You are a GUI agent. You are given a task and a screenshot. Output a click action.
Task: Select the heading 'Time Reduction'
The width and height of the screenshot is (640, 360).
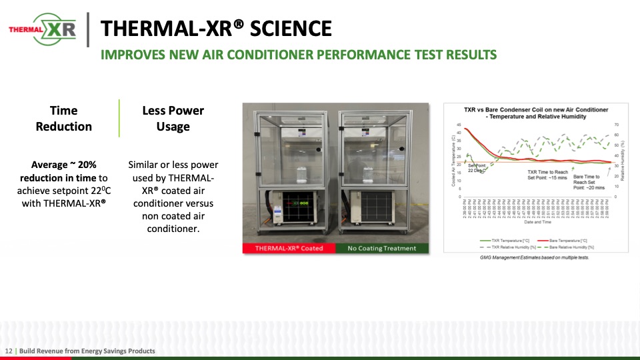64,119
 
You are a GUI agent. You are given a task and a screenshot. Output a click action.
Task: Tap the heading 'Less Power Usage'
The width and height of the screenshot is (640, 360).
173,119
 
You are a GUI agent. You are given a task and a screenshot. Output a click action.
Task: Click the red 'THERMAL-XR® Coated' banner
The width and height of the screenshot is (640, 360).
289,248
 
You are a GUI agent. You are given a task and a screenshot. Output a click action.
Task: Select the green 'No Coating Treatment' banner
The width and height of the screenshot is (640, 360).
382,248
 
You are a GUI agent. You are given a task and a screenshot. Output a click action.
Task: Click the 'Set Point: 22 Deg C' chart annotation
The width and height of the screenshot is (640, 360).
477,167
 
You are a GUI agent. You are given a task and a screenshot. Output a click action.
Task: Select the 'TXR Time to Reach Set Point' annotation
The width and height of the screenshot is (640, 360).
547,175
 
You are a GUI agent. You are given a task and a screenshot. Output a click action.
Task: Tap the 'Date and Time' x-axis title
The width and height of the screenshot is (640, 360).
537,222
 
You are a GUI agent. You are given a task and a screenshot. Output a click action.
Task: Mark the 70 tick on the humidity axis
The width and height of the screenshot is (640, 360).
617,125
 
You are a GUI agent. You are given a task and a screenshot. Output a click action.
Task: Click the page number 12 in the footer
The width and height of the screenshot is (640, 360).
9,351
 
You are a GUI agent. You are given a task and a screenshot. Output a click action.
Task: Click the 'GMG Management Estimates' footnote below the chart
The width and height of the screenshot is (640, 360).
534,257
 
